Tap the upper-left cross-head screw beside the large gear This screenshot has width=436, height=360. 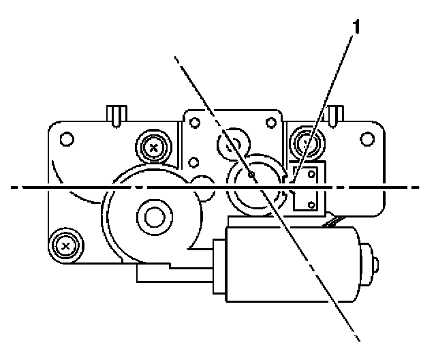coord(154,145)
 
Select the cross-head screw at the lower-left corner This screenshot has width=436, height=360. coord(65,243)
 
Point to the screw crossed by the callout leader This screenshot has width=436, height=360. coord(304,142)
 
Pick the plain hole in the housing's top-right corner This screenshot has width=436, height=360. coord(369,139)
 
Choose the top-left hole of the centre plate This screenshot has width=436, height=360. coord(195,123)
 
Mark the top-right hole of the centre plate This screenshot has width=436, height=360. coord(274,123)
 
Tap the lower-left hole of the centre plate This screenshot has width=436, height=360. coord(195,162)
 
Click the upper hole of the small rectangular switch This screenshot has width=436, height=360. coord(312,175)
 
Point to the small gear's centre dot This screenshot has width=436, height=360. coord(253,175)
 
